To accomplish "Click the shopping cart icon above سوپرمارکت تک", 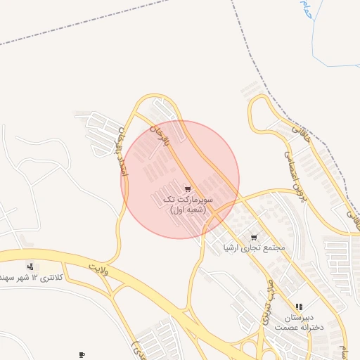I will (187, 189).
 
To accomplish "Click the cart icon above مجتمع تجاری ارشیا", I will (254, 237).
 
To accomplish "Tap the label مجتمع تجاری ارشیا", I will (253, 247).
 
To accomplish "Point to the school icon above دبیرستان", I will (300, 307).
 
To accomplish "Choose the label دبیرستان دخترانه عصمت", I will (298, 322).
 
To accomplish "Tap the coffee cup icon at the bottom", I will (82, 355).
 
